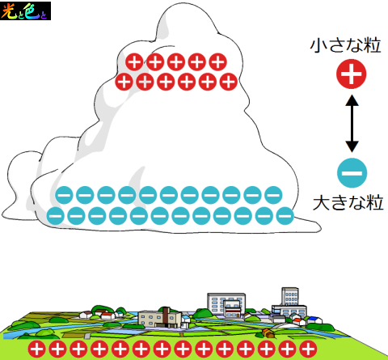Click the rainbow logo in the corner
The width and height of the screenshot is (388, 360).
click(25, 11)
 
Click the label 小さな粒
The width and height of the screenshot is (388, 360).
click(345, 45)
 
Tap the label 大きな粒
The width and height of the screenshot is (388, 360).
click(348, 203)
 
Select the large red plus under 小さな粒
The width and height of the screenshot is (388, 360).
click(352, 74)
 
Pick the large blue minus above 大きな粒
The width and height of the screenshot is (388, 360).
click(352, 173)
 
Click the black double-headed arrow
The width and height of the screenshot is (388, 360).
click(352, 123)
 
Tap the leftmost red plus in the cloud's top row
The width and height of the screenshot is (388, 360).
click(134, 61)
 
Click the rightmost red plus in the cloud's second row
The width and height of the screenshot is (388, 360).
click(229, 82)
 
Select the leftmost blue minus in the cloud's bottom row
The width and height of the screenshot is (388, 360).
click(56, 216)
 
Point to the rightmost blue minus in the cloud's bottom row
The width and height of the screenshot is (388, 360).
click(285, 216)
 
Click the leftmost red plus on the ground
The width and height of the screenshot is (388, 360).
click(37, 349)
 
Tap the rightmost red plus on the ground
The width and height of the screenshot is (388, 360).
click(308, 349)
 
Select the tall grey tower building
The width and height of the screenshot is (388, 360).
click(290, 297)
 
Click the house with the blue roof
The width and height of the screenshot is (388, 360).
click(314, 320)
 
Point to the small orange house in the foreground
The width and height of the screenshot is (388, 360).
click(268, 333)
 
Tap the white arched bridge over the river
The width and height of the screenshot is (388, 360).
click(285, 325)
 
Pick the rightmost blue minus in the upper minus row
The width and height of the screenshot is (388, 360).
click(273, 195)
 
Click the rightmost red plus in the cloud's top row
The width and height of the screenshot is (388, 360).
click(217, 61)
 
